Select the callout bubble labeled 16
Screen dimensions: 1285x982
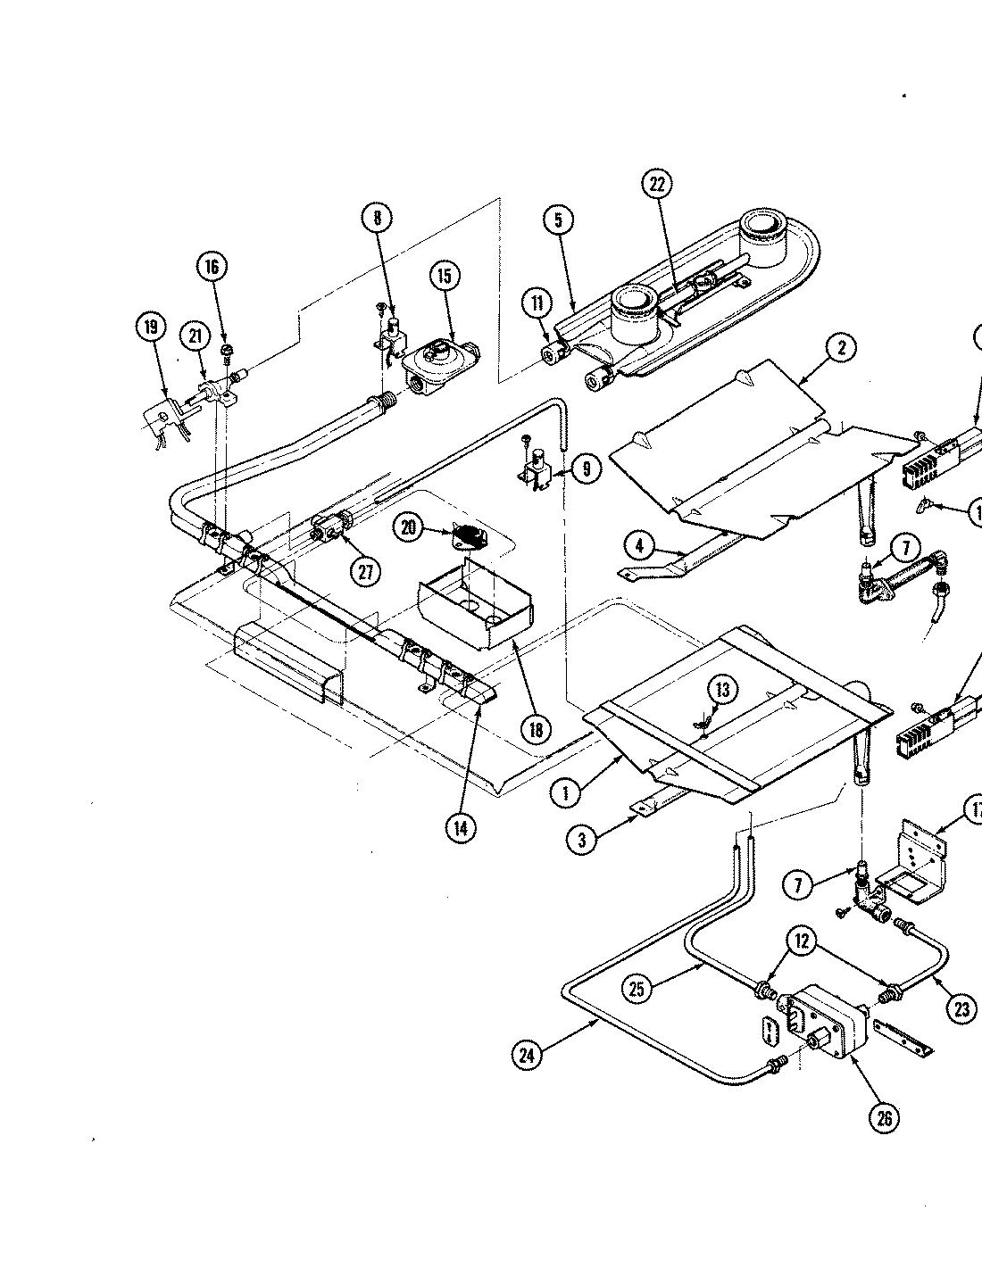tap(212, 267)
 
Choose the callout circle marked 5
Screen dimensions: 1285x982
tap(557, 220)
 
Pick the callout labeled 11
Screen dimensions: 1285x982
tap(537, 305)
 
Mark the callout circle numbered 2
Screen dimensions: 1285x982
tap(841, 348)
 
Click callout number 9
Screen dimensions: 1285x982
tap(586, 468)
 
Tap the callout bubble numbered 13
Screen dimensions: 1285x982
tap(723, 690)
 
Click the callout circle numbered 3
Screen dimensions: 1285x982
tap(582, 839)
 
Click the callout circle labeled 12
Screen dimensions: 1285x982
tap(802, 941)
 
